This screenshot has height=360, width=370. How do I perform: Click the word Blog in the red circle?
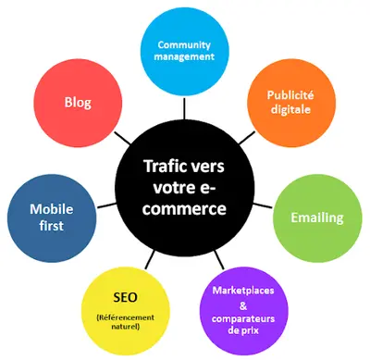78,103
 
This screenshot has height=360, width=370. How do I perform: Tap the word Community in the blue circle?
184,45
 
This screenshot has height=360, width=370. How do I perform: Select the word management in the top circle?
184,56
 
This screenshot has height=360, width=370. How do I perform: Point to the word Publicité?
290,95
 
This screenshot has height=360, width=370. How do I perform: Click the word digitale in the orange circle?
290,109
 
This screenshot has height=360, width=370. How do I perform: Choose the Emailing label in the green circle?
317,217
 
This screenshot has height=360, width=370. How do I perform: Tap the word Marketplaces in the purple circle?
243,291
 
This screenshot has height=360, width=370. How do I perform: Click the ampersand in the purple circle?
243,305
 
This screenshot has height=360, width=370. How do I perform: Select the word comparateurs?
243,318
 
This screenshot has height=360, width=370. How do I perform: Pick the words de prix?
243,330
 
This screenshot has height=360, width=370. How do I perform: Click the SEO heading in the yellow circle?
125,297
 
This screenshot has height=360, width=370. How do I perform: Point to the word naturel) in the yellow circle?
126,327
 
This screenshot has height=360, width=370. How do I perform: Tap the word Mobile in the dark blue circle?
52,209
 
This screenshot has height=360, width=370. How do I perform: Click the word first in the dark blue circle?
52,225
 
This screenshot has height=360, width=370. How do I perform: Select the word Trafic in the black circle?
163,167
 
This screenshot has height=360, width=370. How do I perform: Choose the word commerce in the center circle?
184,209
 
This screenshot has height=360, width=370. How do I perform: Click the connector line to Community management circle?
184,108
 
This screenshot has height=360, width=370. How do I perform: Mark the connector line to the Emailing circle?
263,205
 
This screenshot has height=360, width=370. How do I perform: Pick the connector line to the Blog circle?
122,138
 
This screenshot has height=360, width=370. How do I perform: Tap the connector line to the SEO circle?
150,259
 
